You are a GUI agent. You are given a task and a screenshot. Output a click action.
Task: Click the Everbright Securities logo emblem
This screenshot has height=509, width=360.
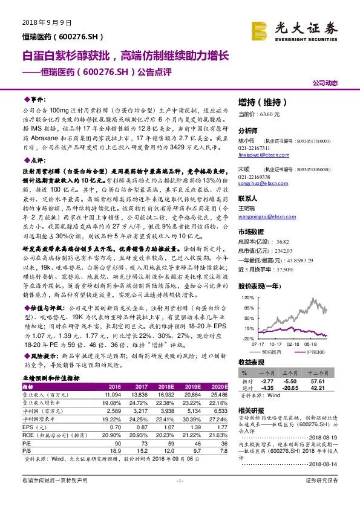(x=260, y=28)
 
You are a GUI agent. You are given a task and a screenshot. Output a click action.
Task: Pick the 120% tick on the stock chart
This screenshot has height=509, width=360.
(x=247, y=297)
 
